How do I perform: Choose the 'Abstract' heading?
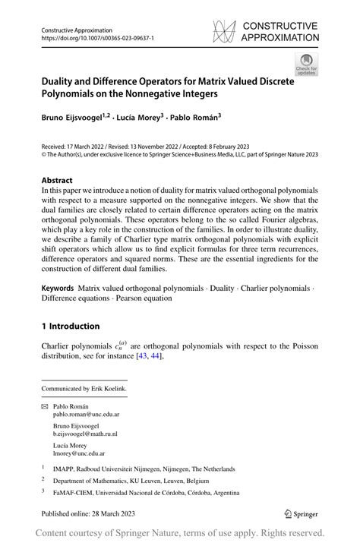tap(61, 180)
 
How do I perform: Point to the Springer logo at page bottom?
tap(302, 514)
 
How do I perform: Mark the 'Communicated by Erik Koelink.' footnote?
tap(84, 389)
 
